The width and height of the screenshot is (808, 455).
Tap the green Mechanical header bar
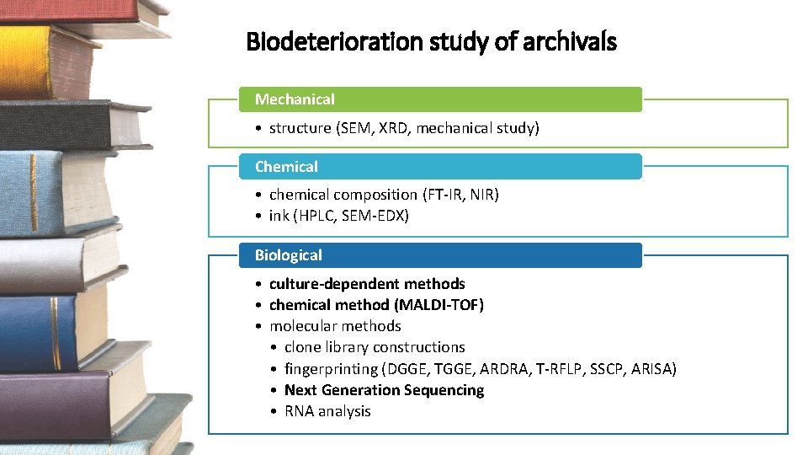click(440, 99)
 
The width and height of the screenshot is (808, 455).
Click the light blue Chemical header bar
click(440, 167)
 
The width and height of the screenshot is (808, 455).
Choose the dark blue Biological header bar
click(440, 255)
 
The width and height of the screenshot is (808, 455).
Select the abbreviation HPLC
click(316, 216)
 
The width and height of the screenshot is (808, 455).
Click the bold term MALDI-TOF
click(447, 305)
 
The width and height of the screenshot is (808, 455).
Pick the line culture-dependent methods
click(367, 284)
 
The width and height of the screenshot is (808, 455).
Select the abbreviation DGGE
click(407, 369)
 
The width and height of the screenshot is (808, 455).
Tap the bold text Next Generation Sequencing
click(384, 390)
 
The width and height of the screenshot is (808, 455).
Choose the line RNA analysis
click(327, 411)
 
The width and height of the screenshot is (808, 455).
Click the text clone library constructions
click(375, 347)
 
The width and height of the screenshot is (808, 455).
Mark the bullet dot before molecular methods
click(260, 326)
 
